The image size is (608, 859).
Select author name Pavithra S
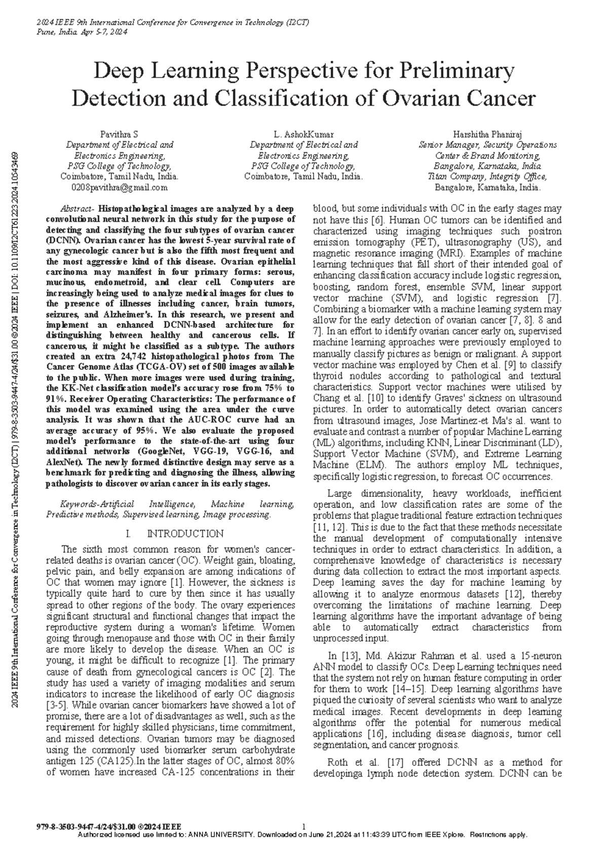point(119,134)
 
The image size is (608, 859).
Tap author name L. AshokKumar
point(303,134)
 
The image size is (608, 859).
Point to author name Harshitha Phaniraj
point(487,134)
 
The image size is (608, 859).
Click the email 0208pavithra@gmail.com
point(120,187)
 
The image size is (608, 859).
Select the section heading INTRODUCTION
point(185,533)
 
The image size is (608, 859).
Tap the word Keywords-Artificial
point(97,504)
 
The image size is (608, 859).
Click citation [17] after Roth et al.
point(395,762)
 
